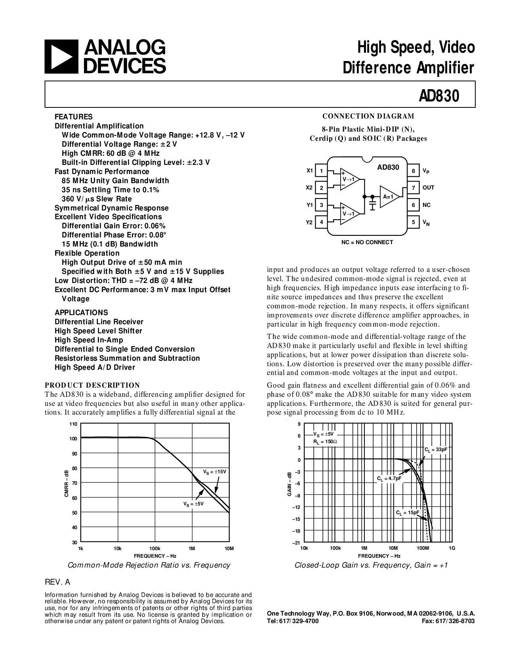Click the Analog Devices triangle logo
(x=61, y=57)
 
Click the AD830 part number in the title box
(x=439, y=96)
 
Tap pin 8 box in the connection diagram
(x=413, y=171)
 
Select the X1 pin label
(x=309, y=171)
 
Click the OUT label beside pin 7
(x=428, y=188)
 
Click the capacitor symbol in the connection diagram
(x=372, y=206)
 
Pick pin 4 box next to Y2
(x=321, y=222)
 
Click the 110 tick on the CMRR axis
(x=73, y=424)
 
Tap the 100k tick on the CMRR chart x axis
(x=154, y=548)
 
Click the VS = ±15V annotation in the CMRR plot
(x=214, y=472)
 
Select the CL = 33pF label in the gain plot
(x=436, y=449)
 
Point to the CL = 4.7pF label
(x=389, y=478)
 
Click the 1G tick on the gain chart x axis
(x=452, y=548)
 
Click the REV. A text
(x=57, y=582)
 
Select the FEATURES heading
(x=73, y=117)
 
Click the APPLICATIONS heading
(x=81, y=312)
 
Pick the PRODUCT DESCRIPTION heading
(x=92, y=385)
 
